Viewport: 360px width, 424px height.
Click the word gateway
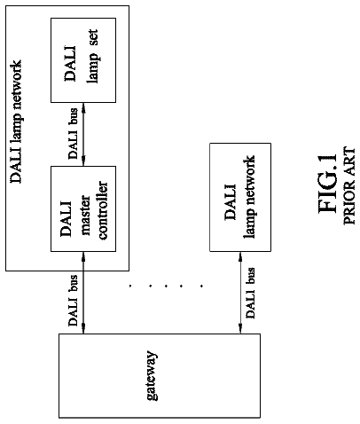(x=153, y=375)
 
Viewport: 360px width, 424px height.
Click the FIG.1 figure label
(x=327, y=184)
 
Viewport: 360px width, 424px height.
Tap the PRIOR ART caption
(x=349, y=185)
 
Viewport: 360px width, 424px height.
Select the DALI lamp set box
(x=83, y=60)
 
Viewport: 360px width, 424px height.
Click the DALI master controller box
(x=83, y=208)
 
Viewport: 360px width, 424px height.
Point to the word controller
(x=103, y=210)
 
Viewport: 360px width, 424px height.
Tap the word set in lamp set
(x=92, y=37)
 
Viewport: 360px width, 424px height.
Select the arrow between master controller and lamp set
(x=83, y=134)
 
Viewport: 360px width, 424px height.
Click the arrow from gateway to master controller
(x=83, y=293)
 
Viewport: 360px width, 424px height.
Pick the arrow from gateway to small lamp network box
(x=240, y=293)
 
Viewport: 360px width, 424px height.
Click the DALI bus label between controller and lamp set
(x=73, y=134)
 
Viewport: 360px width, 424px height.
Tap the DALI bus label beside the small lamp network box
(x=250, y=293)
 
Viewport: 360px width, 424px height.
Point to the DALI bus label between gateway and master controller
(x=73, y=301)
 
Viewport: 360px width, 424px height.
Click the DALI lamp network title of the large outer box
(x=16, y=122)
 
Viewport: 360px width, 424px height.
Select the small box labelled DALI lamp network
(x=240, y=197)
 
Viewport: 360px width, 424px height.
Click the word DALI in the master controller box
(x=66, y=219)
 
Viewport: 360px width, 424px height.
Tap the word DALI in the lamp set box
(x=70, y=63)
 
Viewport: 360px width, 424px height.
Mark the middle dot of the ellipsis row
(x=166, y=286)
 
